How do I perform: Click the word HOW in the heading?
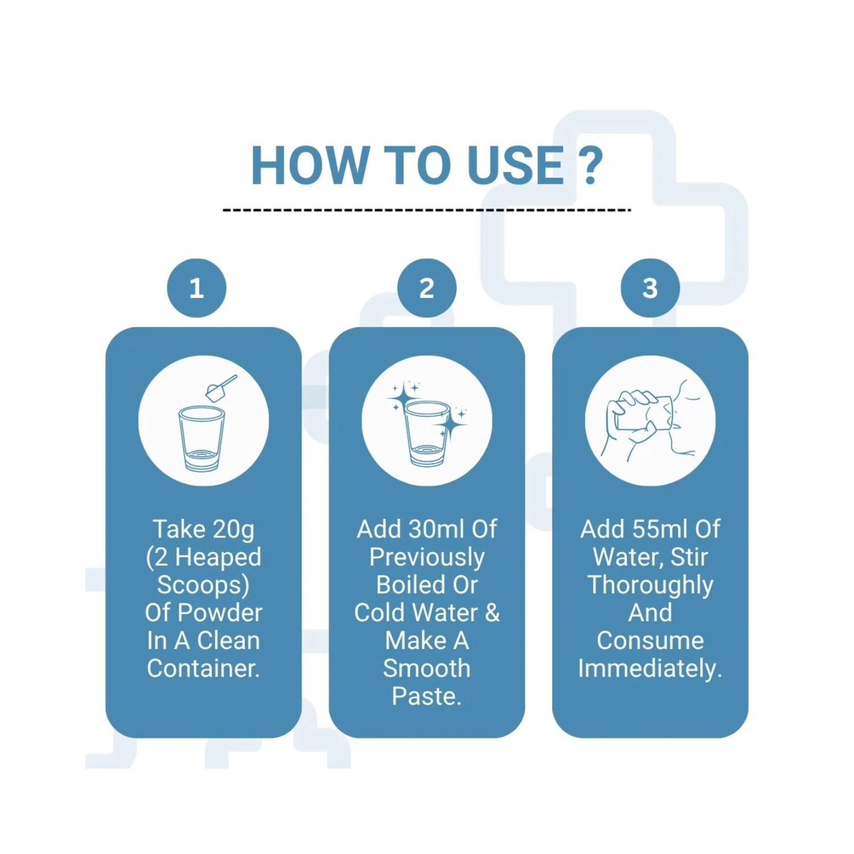pyautogui.click(x=311, y=165)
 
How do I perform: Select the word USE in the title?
pyautogui.click(x=516, y=165)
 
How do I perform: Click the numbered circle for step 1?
pyautogui.click(x=196, y=288)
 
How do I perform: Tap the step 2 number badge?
pyautogui.click(x=427, y=288)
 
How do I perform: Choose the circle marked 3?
pyautogui.click(x=650, y=288)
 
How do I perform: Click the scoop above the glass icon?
pyautogui.click(x=221, y=388)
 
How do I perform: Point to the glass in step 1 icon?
pyautogui.click(x=202, y=438)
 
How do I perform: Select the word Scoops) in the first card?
pyautogui.click(x=203, y=585)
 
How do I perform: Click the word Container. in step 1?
pyautogui.click(x=203, y=668)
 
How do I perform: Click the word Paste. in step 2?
pyautogui.click(x=427, y=696)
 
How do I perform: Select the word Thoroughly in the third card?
pyautogui.click(x=650, y=585)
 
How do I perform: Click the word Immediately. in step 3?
pyautogui.click(x=650, y=668)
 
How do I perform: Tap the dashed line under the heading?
pyautogui.click(x=427, y=210)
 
